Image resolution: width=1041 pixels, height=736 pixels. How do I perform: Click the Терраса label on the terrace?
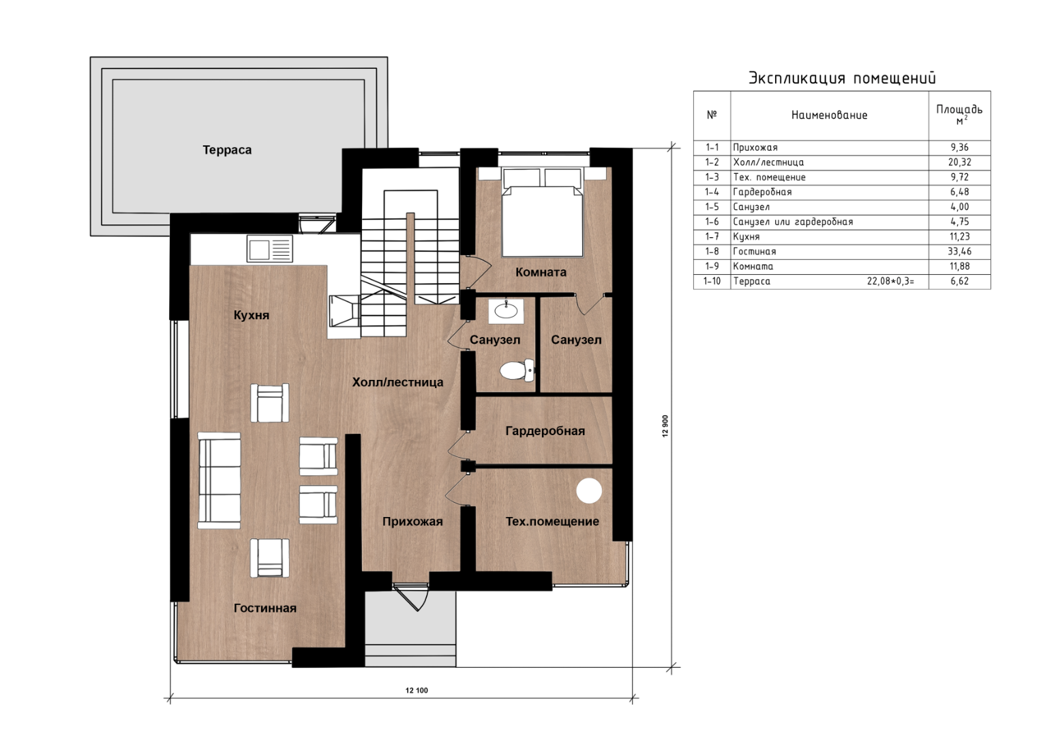pos(227,150)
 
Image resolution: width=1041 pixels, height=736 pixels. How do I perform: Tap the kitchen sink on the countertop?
pos(269,249)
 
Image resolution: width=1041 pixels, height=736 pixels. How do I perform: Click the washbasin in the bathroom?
pos(506,310)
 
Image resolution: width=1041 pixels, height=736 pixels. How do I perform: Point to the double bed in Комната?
pos(543,212)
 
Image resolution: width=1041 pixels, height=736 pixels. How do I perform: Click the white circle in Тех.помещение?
pos(589,490)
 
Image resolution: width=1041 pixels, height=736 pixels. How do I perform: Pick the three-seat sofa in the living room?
pos(219,480)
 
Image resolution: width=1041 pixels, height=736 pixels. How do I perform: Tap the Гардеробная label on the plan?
pos(545,431)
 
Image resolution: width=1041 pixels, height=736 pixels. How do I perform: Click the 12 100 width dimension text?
pos(417,690)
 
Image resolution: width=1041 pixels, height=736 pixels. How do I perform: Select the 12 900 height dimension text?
pos(665,426)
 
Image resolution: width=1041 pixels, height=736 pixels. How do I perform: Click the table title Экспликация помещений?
pos(842,78)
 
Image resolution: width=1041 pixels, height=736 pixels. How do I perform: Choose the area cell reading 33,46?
pos(960,252)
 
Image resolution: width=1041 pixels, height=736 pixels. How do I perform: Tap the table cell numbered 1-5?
pos(712,207)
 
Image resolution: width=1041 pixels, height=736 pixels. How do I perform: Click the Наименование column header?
pos(830,115)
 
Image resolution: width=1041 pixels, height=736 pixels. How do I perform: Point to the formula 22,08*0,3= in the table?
pos(890,281)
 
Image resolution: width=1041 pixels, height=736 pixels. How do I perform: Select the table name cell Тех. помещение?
pos(770,177)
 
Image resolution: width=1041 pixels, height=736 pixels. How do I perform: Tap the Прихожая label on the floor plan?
pos(412,522)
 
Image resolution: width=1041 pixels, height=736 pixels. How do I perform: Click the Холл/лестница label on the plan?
pos(398,382)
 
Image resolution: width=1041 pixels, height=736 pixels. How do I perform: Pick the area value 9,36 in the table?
pos(960,147)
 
